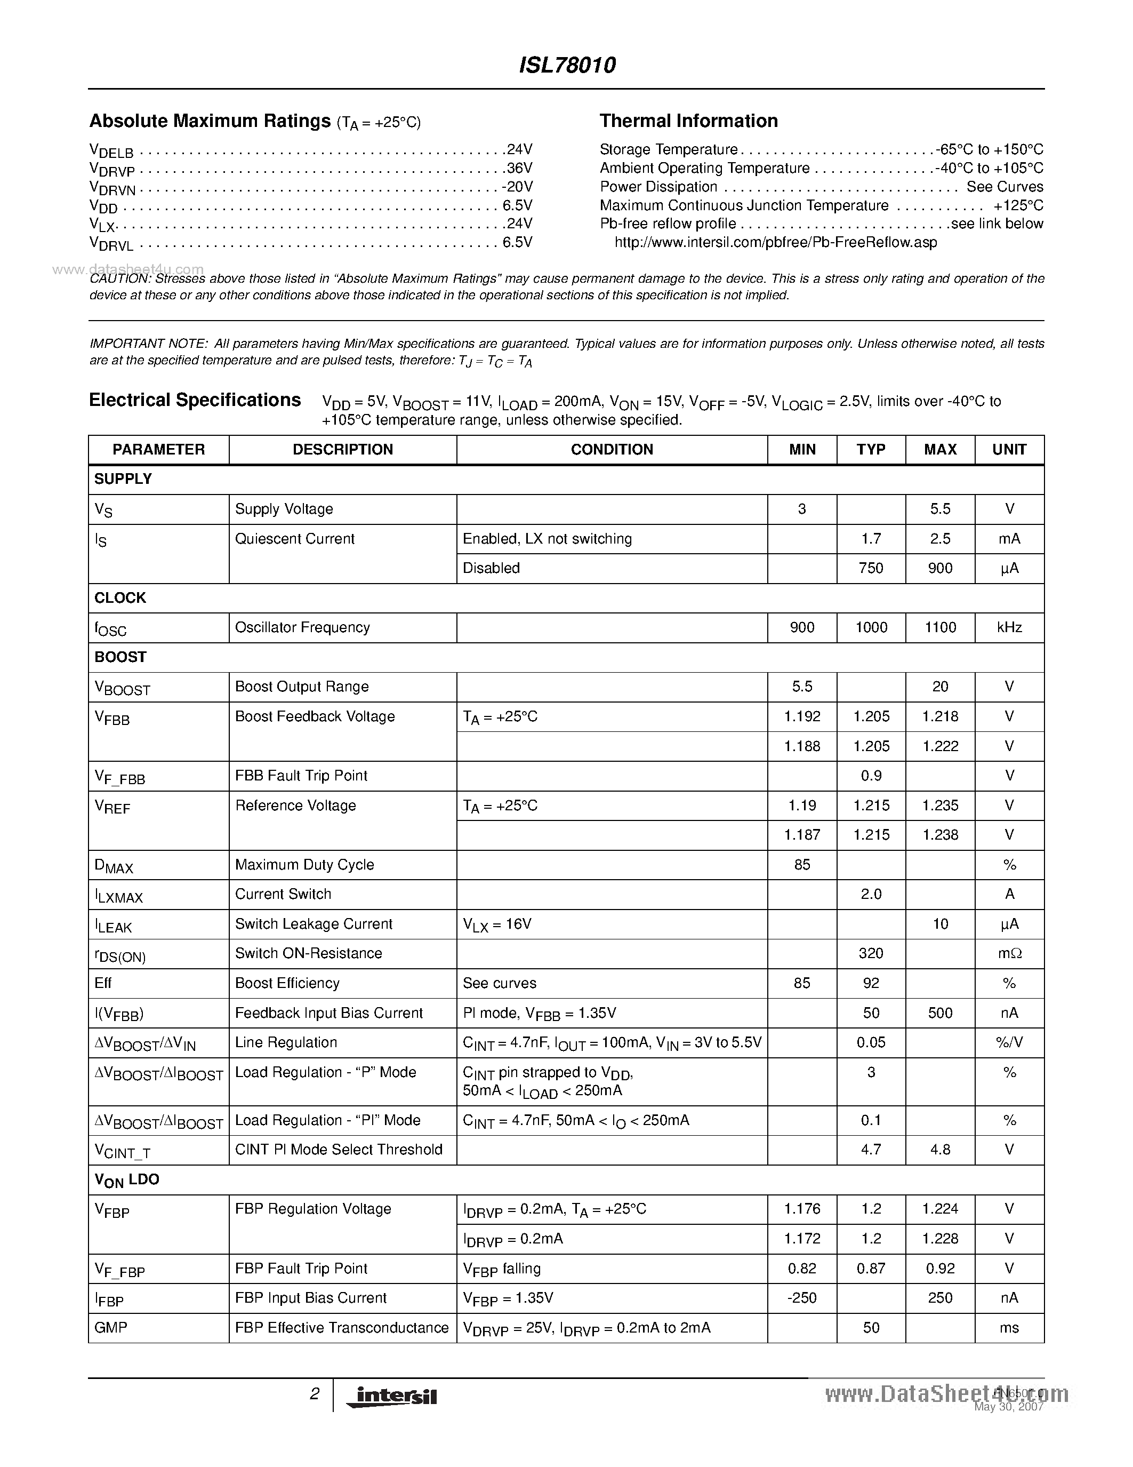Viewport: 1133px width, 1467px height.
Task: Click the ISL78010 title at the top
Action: point(567,65)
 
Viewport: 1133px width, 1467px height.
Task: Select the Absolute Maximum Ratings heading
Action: point(210,121)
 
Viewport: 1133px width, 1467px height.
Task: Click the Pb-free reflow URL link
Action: point(775,243)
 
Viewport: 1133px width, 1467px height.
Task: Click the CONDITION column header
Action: point(612,449)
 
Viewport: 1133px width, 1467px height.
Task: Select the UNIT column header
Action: point(1009,449)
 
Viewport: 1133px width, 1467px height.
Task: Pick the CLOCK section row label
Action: point(120,598)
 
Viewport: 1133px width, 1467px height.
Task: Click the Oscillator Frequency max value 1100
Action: point(939,627)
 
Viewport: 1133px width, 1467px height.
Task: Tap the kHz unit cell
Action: point(1009,627)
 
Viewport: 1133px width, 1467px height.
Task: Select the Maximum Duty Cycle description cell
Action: point(304,865)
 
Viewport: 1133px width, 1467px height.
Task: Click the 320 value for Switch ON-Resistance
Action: point(871,953)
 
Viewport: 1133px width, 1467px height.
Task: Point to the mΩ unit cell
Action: point(1009,953)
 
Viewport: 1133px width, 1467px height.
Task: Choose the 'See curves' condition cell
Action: point(500,983)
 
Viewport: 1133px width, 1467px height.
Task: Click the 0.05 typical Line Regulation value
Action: point(871,1042)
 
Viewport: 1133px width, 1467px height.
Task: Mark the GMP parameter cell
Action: point(111,1327)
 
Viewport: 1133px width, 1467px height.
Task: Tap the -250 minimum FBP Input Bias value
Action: point(801,1298)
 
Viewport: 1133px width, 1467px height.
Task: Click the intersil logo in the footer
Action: point(392,1397)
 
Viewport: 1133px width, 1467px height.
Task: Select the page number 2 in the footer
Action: point(314,1394)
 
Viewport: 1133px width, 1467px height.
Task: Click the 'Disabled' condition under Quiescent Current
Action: point(492,568)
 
